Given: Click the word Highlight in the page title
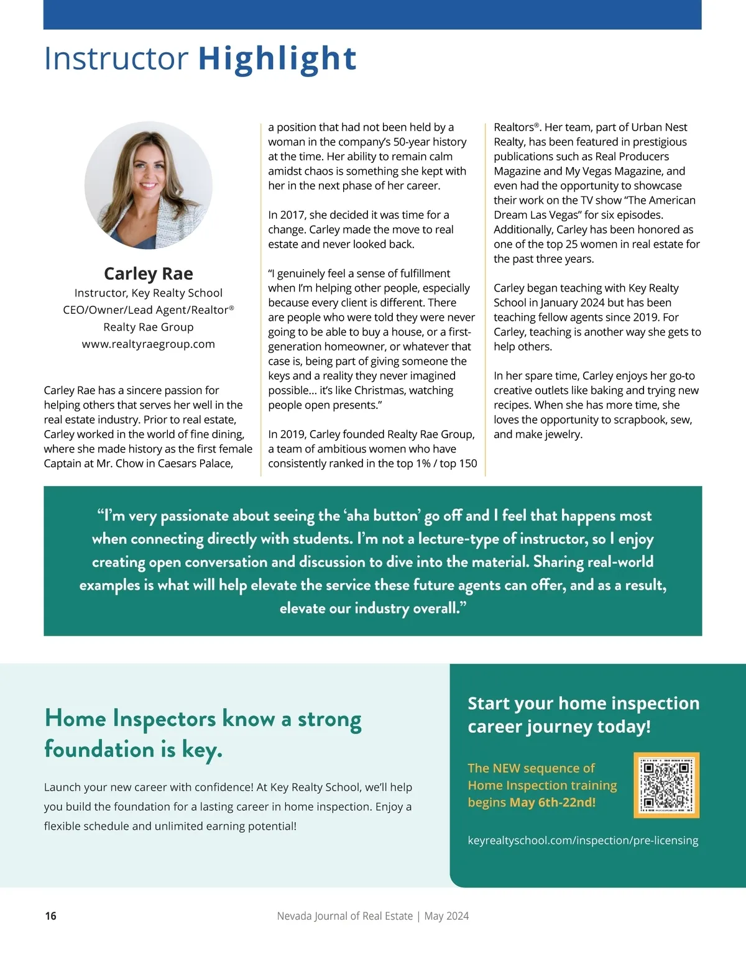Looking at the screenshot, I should click(x=277, y=58).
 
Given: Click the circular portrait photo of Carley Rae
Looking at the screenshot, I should click(x=149, y=185).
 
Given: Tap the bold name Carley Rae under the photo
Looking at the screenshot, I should click(x=149, y=273).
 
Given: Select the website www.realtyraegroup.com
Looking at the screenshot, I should click(x=149, y=344).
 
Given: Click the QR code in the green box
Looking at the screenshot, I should click(x=666, y=785).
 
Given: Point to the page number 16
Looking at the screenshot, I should click(x=51, y=915).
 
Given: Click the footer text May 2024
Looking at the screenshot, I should click(x=446, y=915).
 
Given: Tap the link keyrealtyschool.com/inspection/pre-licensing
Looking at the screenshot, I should click(x=583, y=840).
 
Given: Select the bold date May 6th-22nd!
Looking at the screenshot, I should click(x=553, y=802).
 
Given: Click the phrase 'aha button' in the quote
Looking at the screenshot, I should click(x=384, y=516).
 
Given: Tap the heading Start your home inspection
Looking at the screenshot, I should click(x=583, y=703).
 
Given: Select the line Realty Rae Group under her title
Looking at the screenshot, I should click(x=149, y=327).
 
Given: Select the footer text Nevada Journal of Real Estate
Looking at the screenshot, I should click(x=344, y=915).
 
